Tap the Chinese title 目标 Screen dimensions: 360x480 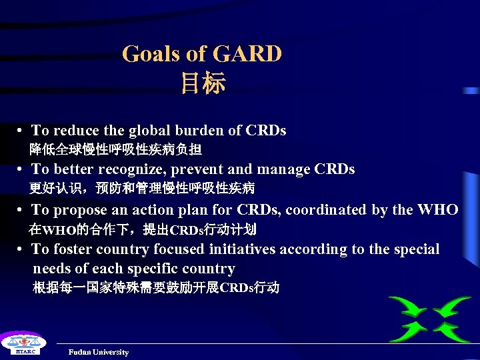click(x=203, y=83)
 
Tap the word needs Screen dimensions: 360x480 click(x=52, y=269)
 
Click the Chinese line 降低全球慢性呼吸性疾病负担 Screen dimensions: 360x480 click(x=115, y=149)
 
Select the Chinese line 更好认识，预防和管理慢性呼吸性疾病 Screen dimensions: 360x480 click(x=141, y=189)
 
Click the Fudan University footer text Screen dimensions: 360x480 click(x=98, y=352)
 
